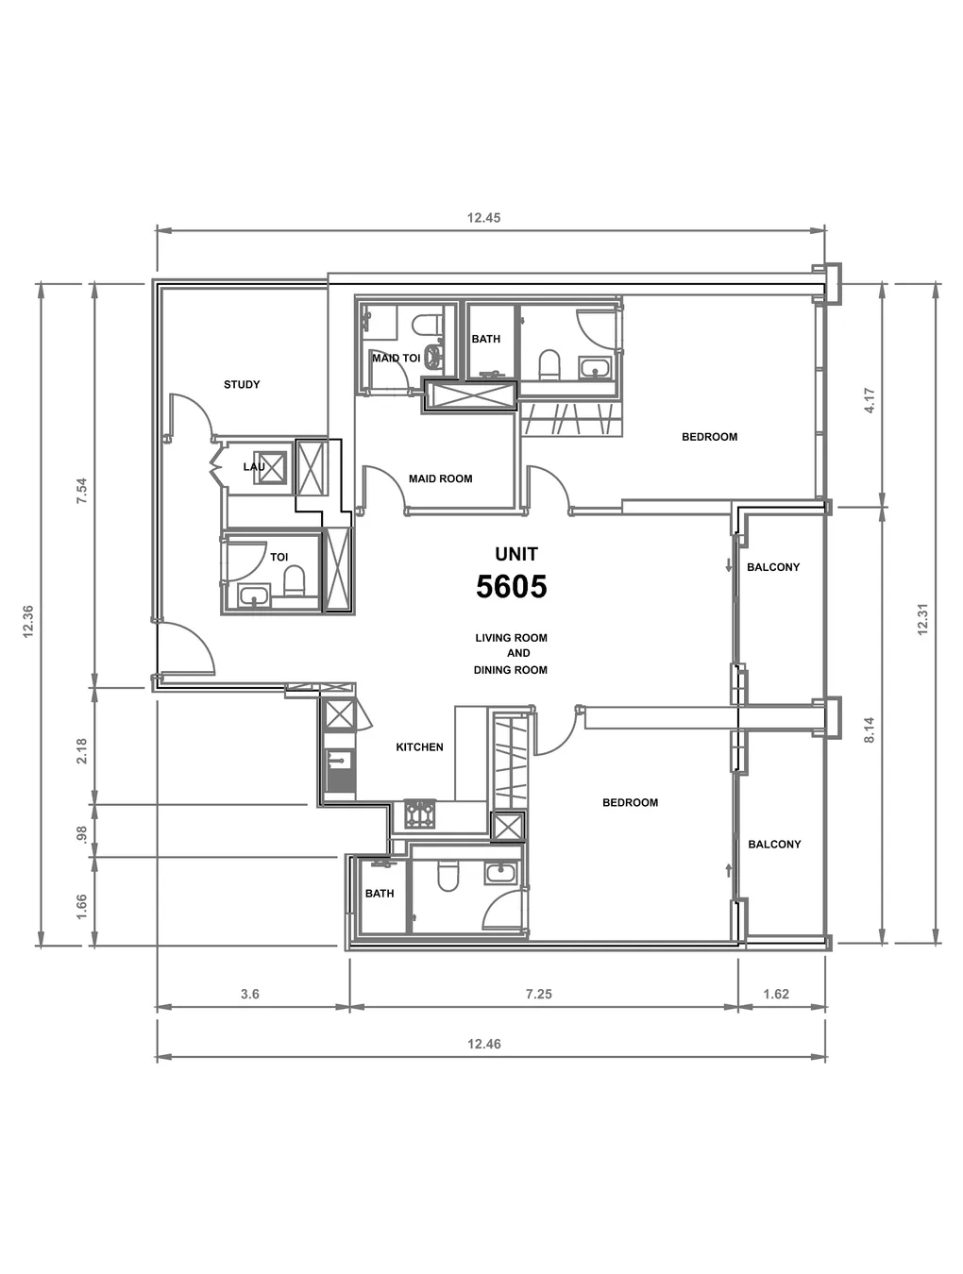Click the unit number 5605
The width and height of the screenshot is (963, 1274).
tap(512, 586)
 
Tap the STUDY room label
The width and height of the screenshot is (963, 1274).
tap(242, 384)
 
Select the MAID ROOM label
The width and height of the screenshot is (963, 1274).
tap(440, 478)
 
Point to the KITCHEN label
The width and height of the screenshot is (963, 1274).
tap(419, 747)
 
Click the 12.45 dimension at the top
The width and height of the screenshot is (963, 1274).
tap(483, 218)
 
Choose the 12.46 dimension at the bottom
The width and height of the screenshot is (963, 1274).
tap(484, 1044)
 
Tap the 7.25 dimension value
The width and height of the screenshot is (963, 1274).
tap(539, 995)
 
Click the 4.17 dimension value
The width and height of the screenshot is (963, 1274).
tap(870, 400)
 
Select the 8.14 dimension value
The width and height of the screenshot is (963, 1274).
tap(869, 730)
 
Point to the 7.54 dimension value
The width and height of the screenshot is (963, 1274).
tap(82, 491)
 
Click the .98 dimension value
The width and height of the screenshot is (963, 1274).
tap(82, 833)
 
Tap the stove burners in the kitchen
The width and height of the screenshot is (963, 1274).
tap(420, 813)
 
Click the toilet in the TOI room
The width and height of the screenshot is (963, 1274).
tap(295, 581)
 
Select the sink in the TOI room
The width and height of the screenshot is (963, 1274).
tap(253, 595)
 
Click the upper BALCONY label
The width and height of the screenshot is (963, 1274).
tap(773, 567)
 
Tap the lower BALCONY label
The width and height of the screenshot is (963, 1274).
tap(774, 845)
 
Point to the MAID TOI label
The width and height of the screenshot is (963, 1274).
tap(396, 358)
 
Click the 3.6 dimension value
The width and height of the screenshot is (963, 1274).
tap(250, 995)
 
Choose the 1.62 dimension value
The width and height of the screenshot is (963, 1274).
tap(776, 995)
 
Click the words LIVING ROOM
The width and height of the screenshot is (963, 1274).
tap(511, 638)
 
